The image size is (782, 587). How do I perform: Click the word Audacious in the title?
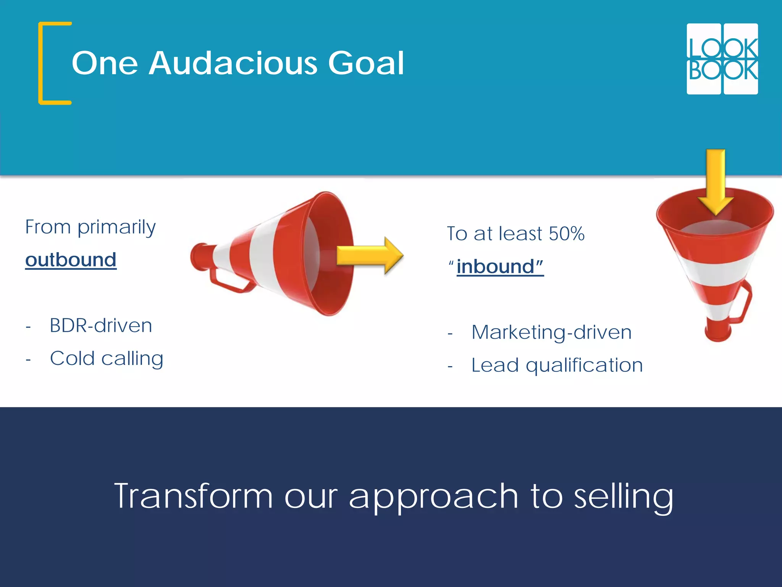[233, 63]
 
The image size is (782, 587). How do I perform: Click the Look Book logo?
[722, 59]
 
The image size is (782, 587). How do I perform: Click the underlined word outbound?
[71, 260]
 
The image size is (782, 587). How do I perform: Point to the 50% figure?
[566, 234]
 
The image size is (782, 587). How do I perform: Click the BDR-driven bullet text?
[101, 326]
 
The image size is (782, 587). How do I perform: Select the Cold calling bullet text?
[107, 358]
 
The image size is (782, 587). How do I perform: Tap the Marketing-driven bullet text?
[551, 332]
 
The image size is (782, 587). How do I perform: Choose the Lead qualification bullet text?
[557, 365]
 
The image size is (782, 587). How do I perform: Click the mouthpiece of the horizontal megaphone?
[199, 257]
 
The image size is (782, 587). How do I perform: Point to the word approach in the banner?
[433, 497]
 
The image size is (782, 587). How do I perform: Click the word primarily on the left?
[116, 227]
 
